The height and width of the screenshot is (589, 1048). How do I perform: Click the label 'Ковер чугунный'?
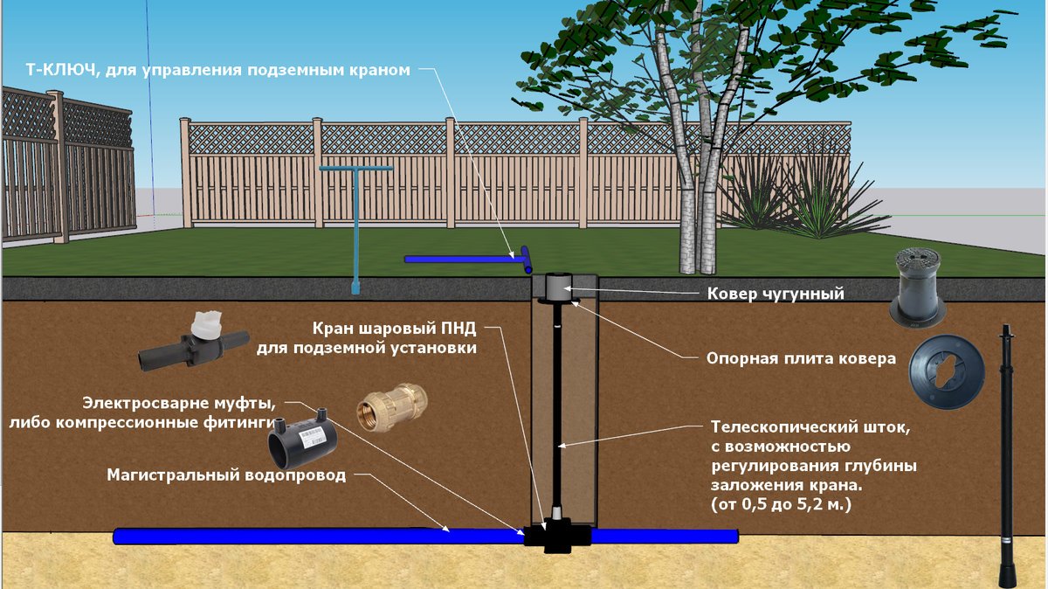[x=775, y=294]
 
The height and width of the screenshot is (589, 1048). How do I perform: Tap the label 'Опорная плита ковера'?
[x=801, y=357]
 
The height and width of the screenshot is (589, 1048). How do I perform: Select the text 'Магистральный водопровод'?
[x=226, y=476]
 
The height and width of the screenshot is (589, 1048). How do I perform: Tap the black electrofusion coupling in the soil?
[x=301, y=439]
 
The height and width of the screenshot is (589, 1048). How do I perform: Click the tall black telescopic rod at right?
[x=1008, y=454]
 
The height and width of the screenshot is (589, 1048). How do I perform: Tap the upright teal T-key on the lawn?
[x=355, y=227]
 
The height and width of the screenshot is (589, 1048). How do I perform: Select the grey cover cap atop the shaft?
[x=556, y=285]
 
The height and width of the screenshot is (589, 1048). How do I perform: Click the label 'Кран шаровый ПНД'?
[x=394, y=329]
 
